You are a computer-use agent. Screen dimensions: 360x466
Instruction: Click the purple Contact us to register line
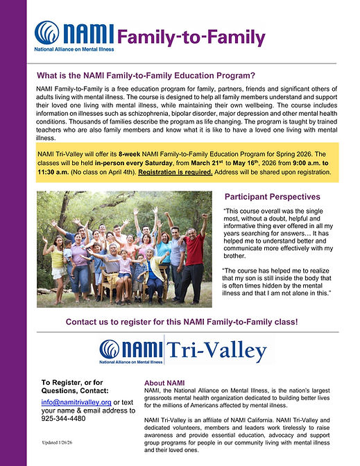pyautogui.click(x=182, y=322)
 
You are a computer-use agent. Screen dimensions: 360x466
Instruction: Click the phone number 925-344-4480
pyautogui.click(x=64, y=418)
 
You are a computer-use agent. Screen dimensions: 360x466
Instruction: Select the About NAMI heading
pyautogui.click(x=164, y=383)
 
